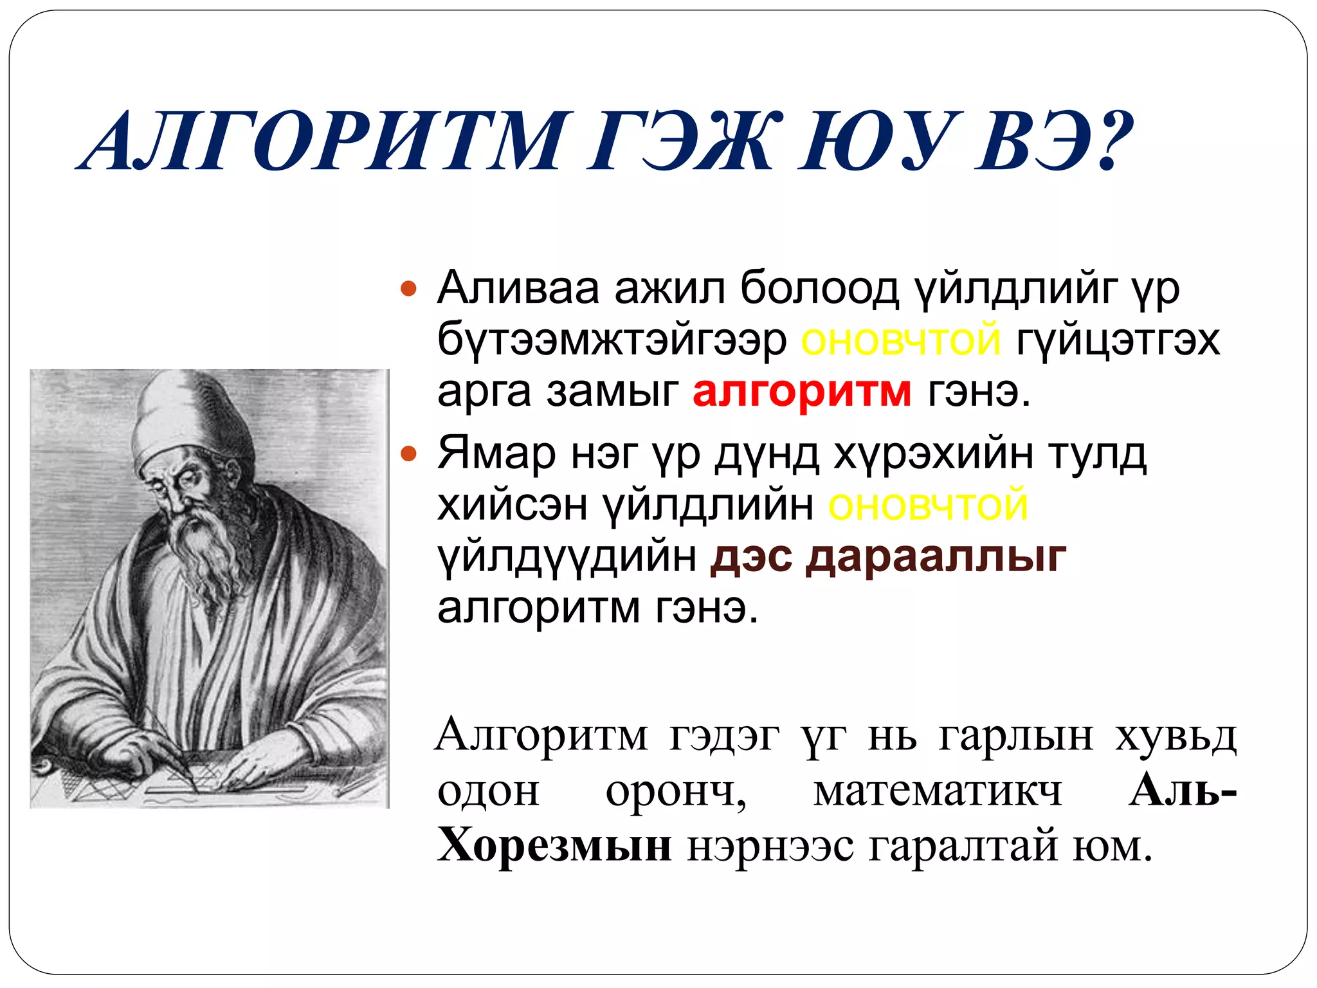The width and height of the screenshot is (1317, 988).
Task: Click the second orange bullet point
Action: pyautogui.click(x=408, y=455)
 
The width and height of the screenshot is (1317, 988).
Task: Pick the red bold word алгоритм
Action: pyautogui.click(x=802, y=390)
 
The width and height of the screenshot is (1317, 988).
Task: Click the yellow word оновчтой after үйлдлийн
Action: pyautogui.click(x=928, y=506)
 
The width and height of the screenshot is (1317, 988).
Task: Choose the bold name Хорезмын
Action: pyautogui.click(x=554, y=845)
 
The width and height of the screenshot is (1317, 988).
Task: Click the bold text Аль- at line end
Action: pyautogui.click(x=1182, y=790)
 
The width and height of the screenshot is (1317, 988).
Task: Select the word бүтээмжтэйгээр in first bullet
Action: pyautogui.click(x=612, y=340)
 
